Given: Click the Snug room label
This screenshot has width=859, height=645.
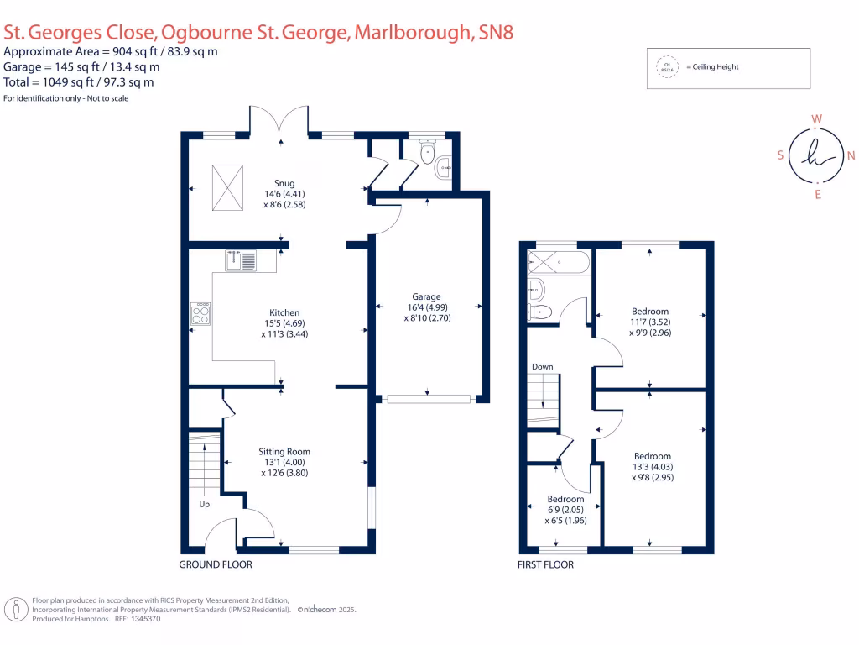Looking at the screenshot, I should [x=284, y=182].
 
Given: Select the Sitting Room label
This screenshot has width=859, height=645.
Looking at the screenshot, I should [x=284, y=451].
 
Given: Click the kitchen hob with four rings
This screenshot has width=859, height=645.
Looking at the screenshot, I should [x=201, y=314].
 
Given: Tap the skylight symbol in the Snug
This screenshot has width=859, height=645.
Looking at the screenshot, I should [x=227, y=180].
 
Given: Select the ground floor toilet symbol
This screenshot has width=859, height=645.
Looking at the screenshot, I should [x=428, y=154].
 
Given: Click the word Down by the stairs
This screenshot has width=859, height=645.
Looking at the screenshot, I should [x=542, y=367].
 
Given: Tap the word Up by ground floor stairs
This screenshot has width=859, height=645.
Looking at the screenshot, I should [x=204, y=505].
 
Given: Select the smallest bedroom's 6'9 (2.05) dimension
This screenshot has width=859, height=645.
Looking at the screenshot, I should [x=565, y=510].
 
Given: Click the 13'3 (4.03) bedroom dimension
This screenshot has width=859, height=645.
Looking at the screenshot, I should [x=652, y=467].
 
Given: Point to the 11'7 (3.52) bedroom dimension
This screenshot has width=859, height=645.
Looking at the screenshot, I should [x=651, y=322].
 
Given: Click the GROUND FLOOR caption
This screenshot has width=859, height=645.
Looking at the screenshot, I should [x=216, y=564].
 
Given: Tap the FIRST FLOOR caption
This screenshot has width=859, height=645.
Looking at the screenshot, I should [x=545, y=564].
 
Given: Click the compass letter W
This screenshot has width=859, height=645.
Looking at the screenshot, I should [x=816, y=119].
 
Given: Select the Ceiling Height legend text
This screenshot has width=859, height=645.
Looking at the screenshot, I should [x=712, y=67].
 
